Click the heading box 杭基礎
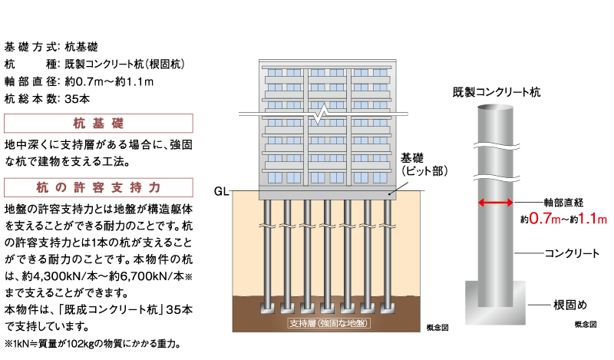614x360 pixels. click(x=98, y=124)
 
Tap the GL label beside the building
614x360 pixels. click(x=221, y=190)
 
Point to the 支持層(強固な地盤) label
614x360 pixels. click(x=328, y=322)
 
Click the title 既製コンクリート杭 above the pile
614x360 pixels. click(x=497, y=92)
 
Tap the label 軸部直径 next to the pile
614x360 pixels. click(x=564, y=202)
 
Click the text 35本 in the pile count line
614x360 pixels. click(x=78, y=98)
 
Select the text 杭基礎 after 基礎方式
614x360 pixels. click(x=81, y=46)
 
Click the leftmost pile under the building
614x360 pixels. click(x=268, y=253)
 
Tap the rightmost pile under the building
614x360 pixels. click(x=388, y=253)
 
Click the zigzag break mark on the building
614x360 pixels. click(x=327, y=114)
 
